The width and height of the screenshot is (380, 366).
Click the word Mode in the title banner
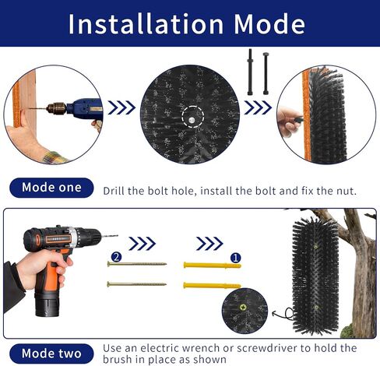[x=269, y=24]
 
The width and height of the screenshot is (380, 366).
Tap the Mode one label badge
[x=51, y=188]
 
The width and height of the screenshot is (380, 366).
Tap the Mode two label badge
[x=51, y=354]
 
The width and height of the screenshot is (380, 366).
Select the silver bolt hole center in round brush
[x=192, y=120]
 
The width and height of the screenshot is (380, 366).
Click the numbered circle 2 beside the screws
[x=116, y=257]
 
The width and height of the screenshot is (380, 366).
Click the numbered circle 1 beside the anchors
[x=236, y=258]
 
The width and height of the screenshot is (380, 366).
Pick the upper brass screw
[x=137, y=264]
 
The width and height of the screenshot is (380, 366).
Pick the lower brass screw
[x=137, y=284]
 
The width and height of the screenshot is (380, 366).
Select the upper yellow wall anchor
[x=212, y=266]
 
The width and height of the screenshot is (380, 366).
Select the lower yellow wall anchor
[x=212, y=286]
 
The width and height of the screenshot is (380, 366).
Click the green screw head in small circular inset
[x=244, y=308]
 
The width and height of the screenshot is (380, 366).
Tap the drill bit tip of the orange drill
[x=118, y=236]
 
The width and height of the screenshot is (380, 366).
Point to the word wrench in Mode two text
[x=197, y=348]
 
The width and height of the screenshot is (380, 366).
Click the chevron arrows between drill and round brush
[x=121, y=107]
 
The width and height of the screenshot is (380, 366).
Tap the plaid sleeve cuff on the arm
[x=55, y=157]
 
